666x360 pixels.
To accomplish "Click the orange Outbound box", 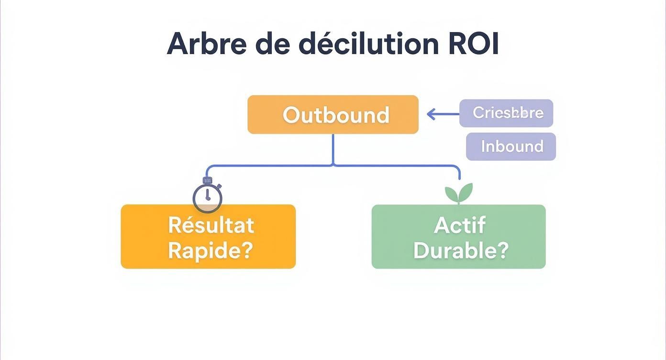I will (x=333, y=114).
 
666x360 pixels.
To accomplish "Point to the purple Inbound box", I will (x=511, y=146).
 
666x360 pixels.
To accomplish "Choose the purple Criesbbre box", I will (x=506, y=113).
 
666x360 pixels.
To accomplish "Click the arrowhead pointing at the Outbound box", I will (x=431, y=114).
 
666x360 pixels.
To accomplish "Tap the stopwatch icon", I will (x=207, y=196).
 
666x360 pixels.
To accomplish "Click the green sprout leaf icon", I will (x=459, y=193).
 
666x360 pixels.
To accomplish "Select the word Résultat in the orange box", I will (x=211, y=225).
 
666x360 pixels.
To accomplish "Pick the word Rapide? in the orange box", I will (x=211, y=250).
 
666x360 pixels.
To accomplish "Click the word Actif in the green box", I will (x=459, y=225).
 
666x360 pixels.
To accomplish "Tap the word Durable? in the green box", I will (x=460, y=250).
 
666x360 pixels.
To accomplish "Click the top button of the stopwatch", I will (x=207, y=180).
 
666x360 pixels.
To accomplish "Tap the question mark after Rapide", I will (x=247, y=250).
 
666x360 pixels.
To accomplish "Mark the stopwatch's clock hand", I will (x=207, y=195).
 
